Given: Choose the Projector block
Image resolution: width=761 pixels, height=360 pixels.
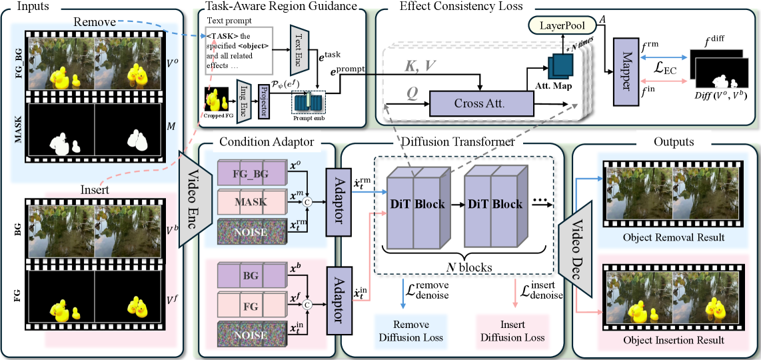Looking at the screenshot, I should pyautogui.click(x=263, y=101).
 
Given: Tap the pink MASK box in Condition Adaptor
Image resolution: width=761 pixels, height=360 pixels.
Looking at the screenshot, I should pyautogui.click(x=250, y=200).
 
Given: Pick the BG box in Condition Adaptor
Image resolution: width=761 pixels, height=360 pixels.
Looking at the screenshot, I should pyautogui.click(x=250, y=275).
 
